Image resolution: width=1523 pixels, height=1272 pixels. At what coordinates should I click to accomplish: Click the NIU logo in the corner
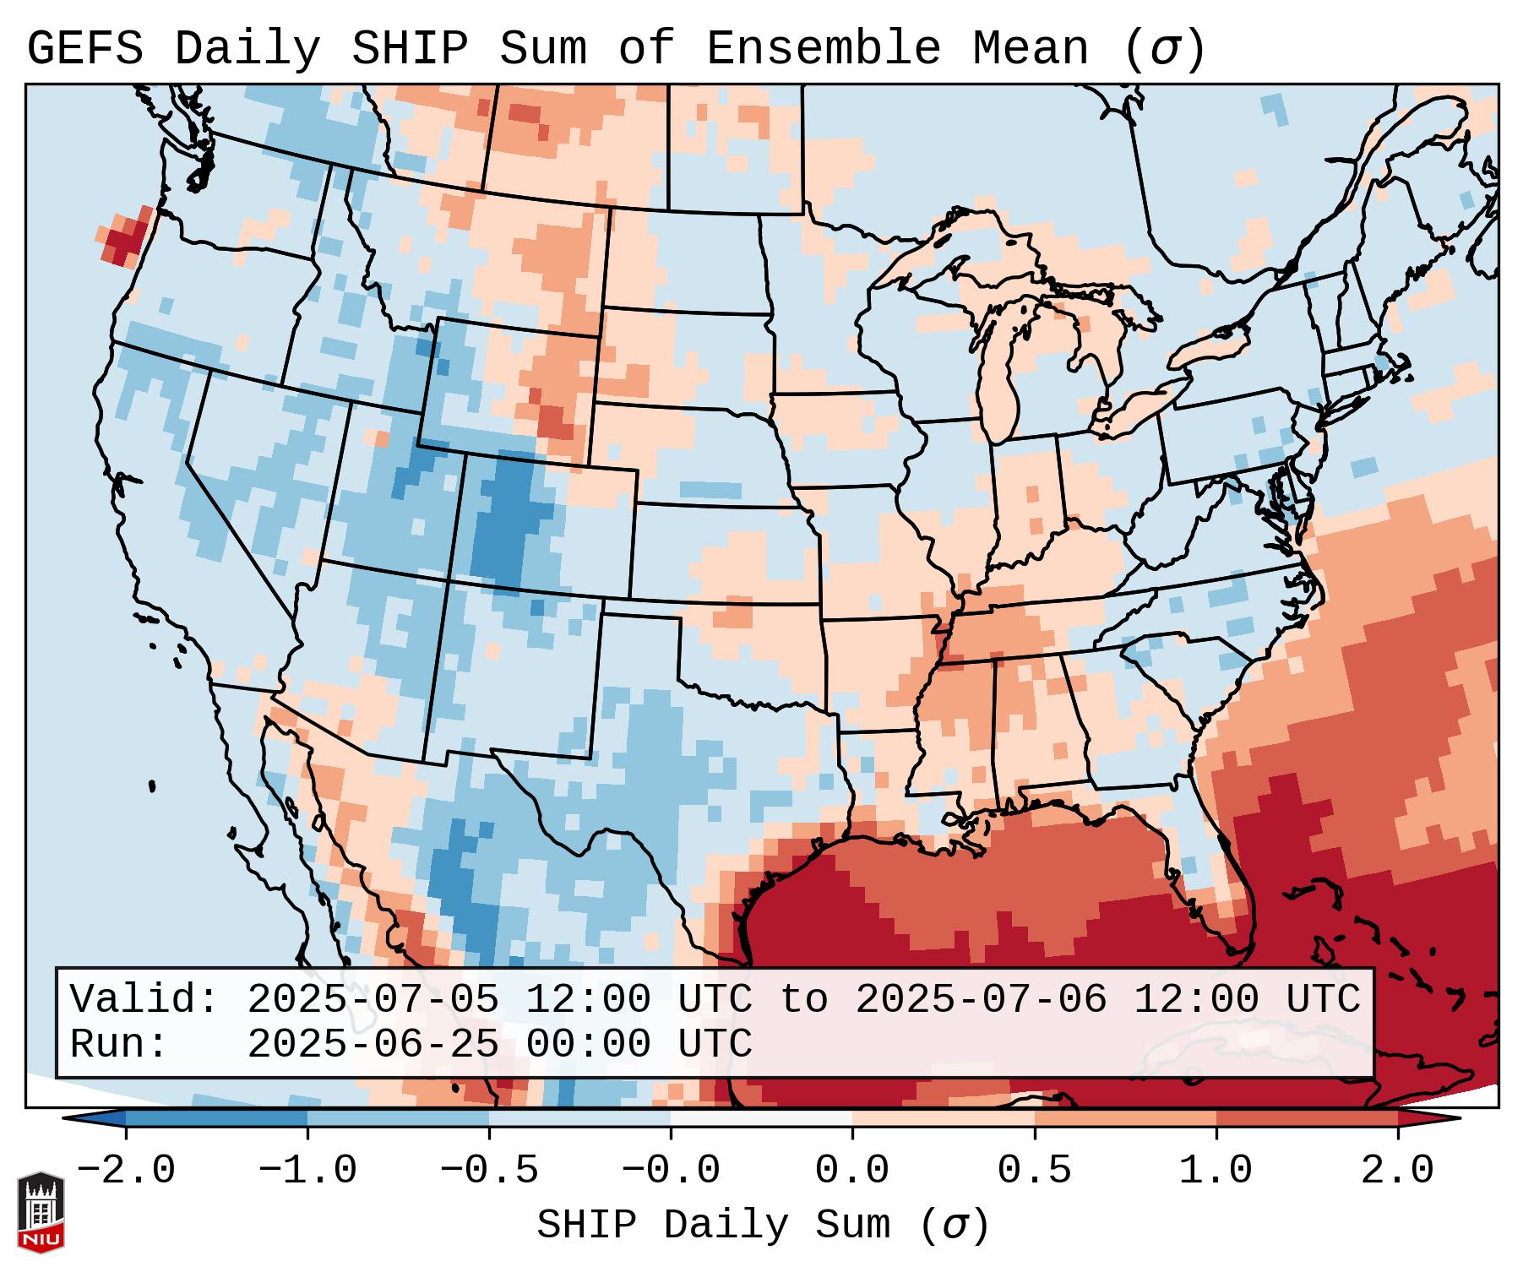[x=41, y=1212]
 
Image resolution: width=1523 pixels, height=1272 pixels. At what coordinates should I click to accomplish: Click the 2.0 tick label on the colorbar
[x=1397, y=1171]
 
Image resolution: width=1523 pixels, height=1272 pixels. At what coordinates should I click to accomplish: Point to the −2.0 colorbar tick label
[x=126, y=1171]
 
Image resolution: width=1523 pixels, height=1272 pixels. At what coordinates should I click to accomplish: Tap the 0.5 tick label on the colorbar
[x=1034, y=1171]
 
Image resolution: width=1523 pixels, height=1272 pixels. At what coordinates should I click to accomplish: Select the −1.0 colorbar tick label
[x=307, y=1171]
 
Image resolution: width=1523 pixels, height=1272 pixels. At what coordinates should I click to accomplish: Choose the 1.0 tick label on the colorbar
[x=1216, y=1171]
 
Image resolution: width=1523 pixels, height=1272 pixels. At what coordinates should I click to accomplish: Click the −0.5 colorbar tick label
[x=489, y=1171]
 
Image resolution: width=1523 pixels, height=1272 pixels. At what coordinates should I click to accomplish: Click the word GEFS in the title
[x=84, y=49]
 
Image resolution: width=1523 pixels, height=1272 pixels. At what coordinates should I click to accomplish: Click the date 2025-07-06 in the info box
[x=981, y=999]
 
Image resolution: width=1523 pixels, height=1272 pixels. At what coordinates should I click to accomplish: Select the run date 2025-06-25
[x=373, y=1044]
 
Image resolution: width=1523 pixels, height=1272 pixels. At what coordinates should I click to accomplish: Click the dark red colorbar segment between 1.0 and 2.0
[x=1306, y=1118]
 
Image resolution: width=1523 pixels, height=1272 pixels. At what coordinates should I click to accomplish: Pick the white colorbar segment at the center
[x=761, y=1118]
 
